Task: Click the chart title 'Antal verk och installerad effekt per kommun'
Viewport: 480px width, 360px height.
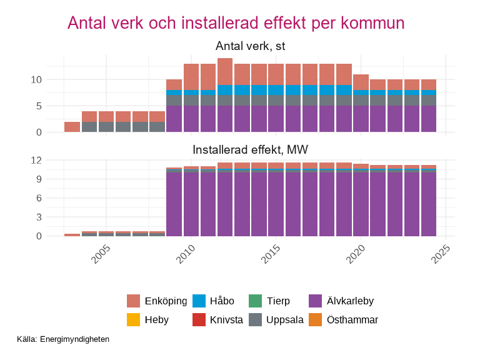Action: [x=236, y=23]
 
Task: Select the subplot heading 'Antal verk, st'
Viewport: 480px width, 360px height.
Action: [x=250, y=46]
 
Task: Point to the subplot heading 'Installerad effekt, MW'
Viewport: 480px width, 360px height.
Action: [x=250, y=150]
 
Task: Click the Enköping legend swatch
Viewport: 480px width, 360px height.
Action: [x=133, y=301]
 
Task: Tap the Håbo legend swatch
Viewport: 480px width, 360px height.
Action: [x=199, y=301]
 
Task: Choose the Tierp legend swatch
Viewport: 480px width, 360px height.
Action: [x=256, y=301]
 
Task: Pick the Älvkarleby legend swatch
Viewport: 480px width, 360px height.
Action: [x=316, y=301]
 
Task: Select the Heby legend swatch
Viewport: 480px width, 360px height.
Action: [x=133, y=320]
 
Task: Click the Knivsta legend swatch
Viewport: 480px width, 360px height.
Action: [x=199, y=320]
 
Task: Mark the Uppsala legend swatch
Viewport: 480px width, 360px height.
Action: [x=256, y=320]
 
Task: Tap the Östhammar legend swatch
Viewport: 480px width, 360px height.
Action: [x=316, y=320]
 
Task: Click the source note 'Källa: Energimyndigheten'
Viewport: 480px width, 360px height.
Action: [x=64, y=339]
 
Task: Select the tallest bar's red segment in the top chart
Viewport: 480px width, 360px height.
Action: [x=225, y=71]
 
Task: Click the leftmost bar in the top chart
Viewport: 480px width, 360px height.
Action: [x=72, y=127]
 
